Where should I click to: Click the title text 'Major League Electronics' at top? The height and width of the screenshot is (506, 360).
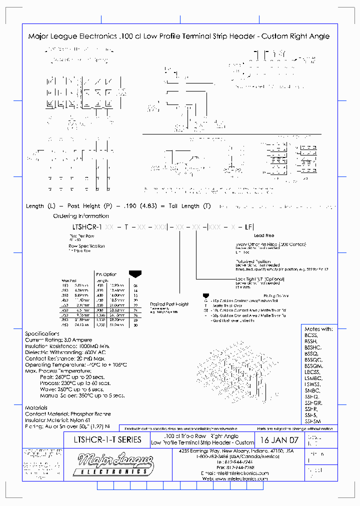tap(73, 36)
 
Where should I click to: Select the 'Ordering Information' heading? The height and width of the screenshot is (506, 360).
tap(81, 216)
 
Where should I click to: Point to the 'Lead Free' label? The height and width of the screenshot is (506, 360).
tap(264, 235)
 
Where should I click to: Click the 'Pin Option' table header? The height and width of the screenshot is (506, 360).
tap(106, 274)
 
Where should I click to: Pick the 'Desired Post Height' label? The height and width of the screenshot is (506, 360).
tap(169, 304)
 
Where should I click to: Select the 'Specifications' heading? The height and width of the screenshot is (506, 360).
tap(42, 333)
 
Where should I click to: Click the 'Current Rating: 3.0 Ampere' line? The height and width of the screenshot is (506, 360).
tap(58, 340)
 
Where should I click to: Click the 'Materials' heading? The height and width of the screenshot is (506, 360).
tap(36, 408)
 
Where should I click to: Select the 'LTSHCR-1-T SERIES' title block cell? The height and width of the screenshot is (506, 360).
tap(107, 440)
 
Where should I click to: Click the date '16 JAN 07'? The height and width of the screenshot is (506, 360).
tap(279, 440)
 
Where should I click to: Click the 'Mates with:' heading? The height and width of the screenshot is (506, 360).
tap(318, 329)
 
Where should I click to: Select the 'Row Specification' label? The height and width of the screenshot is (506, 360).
tap(86, 246)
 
